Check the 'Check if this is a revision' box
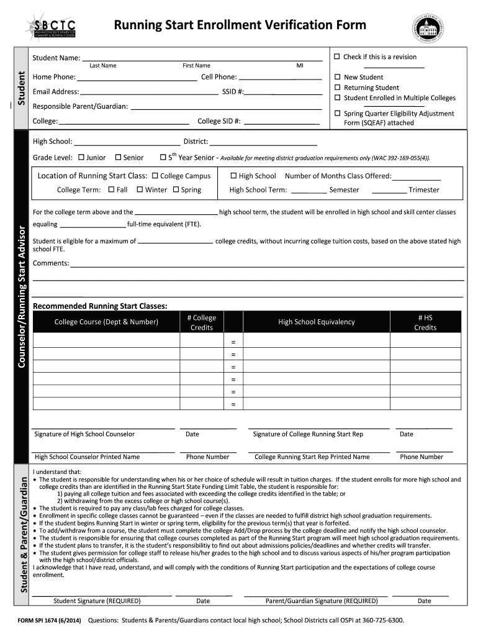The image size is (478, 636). click(x=337, y=57)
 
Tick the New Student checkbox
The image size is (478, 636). click(x=337, y=78)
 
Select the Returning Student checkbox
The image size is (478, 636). click(x=337, y=88)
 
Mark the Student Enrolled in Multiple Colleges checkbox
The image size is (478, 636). click(x=337, y=98)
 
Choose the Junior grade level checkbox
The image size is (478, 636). click(x=81, y=158)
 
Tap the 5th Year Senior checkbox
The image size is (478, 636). click(x=163, y=158)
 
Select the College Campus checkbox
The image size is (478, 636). click(x=155, y=176)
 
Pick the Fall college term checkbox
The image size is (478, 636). click(x=111, y=189)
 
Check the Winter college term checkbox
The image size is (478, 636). click(x=140, y=189)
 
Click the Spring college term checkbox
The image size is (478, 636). click(x=176, y=189)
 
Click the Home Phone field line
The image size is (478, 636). click(x=137, y=79)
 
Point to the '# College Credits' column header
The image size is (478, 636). click(x=201, y=322)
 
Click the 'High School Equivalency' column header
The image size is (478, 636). click(x=317, y=322)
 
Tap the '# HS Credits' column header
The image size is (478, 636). click(x=425, y=322)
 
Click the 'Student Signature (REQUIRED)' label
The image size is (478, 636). click(x=97, y=601)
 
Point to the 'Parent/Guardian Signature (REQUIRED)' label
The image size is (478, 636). click(x=321, y=601)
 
